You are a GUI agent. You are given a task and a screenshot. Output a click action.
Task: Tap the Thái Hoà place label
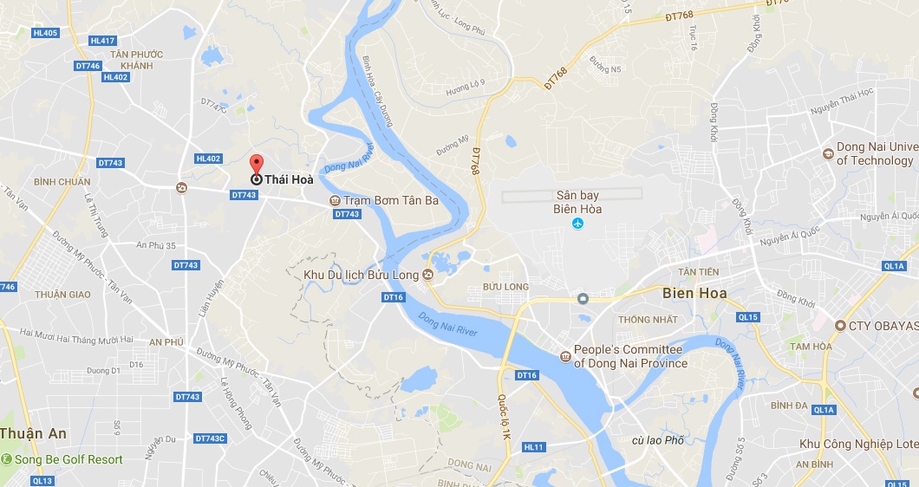coord(290,179)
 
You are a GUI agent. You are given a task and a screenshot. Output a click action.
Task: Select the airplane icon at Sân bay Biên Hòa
coord(578,225)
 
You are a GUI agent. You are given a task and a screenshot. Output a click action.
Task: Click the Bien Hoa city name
coord(694,293)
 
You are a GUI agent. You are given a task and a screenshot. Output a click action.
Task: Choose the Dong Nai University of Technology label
coord(875,153)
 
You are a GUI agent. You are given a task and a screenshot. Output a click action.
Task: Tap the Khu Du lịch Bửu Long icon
coord(427,276)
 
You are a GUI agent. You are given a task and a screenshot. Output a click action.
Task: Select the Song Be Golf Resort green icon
coord(7,459)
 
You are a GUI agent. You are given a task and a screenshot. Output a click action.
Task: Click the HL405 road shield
coord(43,33)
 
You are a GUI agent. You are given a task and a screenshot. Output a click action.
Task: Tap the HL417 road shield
coord(102,41)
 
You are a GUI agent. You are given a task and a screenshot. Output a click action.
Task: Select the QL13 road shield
coord(42,480)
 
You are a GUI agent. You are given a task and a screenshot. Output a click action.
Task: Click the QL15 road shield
coord(748,317)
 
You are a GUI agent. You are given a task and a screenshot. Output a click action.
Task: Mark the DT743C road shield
coord(210,438)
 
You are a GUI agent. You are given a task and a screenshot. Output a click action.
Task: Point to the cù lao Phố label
coord(658,440)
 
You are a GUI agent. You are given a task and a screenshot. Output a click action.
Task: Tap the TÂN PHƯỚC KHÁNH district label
coord(137,60)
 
